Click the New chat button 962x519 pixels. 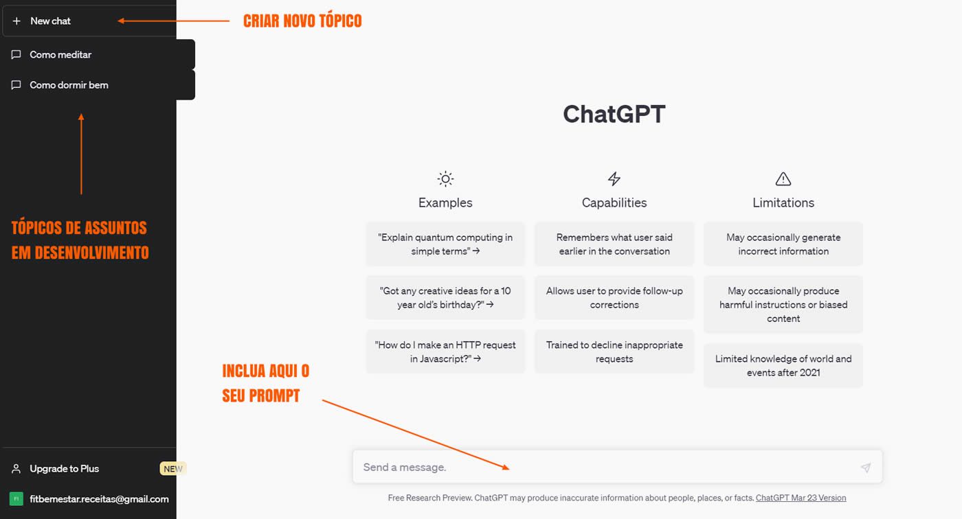tap(50, 21)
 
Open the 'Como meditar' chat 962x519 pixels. tap(60, 55)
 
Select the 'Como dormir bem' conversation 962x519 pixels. tap(69, 85)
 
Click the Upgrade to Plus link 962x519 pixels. tap(64, 469)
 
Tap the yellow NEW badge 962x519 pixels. tap(173, 469)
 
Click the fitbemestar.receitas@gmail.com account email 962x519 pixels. tap(99, 499)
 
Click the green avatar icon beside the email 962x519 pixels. tap(16, 499)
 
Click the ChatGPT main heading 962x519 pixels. tap(614, 114)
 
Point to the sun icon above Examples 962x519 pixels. tap(445, 179)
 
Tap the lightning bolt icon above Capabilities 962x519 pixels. tap(614, 179)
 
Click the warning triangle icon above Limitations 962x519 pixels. tap(783, 179)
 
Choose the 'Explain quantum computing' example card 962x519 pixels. tap(445, 244)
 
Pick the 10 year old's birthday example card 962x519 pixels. tap(445, 298)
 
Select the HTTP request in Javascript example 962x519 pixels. tap(445, 351)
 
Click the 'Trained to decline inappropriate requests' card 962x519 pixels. tap(614, 351)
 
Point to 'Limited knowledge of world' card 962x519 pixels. tap(783, 366)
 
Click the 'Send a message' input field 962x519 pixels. tap(605, 468)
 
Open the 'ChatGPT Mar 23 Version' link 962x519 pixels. tap(801, 498)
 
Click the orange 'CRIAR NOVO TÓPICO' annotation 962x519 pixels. tap(302, 21)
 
